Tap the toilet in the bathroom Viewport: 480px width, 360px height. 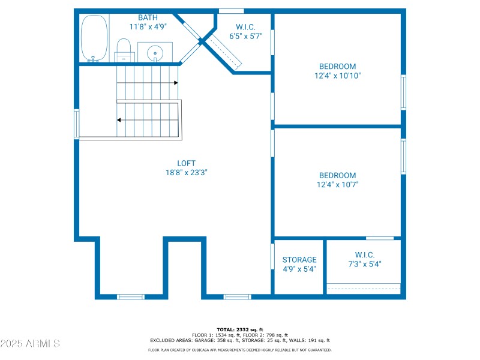(124, 50)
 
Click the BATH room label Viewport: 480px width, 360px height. (148, 17)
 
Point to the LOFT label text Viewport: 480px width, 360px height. (186, 163)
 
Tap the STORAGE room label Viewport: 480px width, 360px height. (299, 260)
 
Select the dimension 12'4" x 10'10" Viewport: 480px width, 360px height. (337, 76)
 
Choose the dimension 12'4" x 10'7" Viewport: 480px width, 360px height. (337, 185)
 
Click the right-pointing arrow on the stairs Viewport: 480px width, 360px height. (175, 83)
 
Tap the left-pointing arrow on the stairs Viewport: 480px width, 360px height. (119, 120)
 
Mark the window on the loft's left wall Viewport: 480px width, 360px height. (77, 124)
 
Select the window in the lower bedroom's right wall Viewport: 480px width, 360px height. (404, 157)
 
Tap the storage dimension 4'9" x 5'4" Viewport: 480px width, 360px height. (299, 269)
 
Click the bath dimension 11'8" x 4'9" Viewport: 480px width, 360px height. (148, 27)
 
